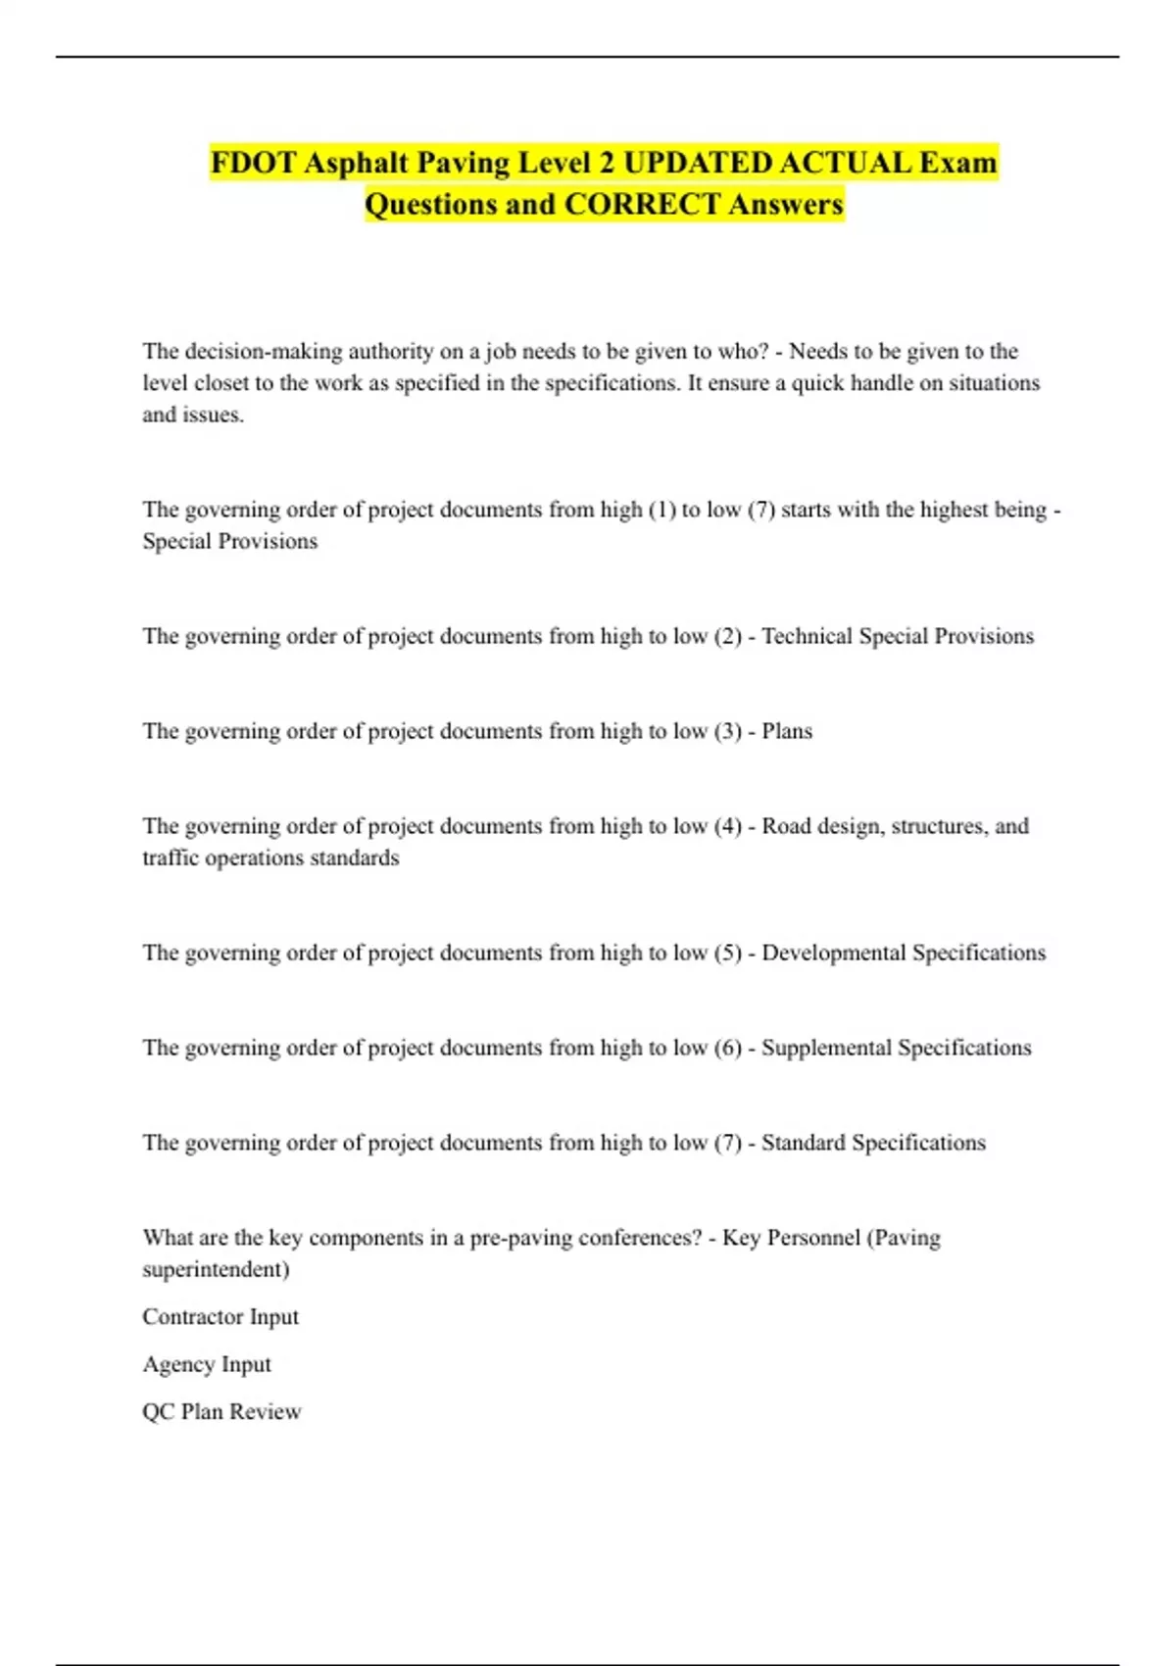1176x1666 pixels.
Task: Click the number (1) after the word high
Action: tap(662, 510)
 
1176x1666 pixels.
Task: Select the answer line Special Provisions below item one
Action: tap(230, 541)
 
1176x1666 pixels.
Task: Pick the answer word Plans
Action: tap(787, 731)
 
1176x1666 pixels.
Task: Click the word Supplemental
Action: tap(826, 1048)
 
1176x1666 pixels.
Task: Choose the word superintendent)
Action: tap(216, 1269)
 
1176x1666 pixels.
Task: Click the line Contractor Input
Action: tap(220, 1317)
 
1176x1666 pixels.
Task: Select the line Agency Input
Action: tap(207, 1364)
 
